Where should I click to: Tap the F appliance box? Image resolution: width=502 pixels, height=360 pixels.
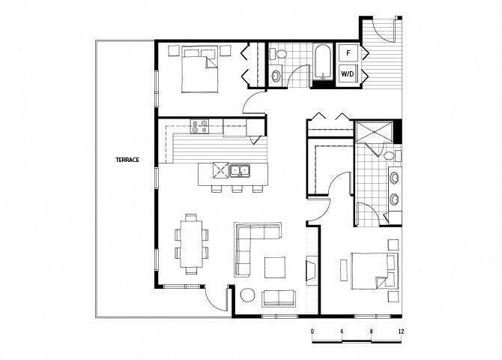coord(348,54)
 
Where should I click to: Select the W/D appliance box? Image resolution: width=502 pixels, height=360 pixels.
coord(348,73)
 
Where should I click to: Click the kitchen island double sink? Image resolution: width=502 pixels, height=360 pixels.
coord(240,170)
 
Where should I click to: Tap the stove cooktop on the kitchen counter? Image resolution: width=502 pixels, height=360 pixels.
coord(200,127)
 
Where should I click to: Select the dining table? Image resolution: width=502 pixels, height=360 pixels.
coord(191,243)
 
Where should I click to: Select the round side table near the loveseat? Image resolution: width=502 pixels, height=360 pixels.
coord(247,296)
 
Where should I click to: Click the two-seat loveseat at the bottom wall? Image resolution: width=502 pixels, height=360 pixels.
coord(278,298)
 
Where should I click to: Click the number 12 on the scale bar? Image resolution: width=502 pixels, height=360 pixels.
coord(402,331)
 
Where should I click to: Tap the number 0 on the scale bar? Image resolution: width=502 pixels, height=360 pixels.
coord(312,331)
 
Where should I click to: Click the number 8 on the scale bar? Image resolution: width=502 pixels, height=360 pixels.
coord(372,331)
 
